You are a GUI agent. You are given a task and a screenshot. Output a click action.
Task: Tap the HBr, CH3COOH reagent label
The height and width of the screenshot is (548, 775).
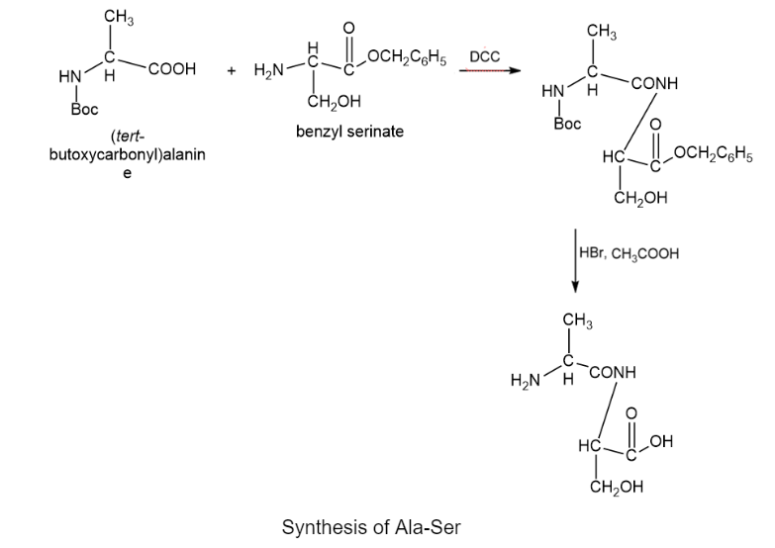(630, 253)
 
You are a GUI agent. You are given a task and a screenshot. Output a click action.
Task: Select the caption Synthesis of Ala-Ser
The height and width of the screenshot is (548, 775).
(371, 526)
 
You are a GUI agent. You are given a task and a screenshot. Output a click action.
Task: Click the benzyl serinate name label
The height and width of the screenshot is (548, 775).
(349, 131)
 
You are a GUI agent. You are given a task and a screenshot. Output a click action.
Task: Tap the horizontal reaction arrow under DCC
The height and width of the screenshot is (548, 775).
(492, 71)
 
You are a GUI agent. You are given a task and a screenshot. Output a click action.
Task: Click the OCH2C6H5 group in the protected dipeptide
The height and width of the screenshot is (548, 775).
(712, 153)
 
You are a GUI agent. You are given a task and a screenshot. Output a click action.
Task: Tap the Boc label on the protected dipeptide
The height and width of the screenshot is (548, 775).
(567, 125)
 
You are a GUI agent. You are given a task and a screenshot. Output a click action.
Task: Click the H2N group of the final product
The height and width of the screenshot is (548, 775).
(526, 381)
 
